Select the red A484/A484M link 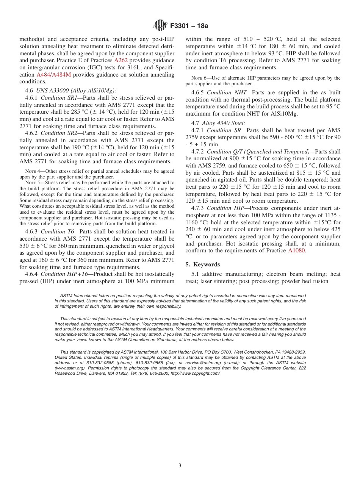[53, 75]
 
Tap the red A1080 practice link [296, 250]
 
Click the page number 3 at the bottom [180, 465]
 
